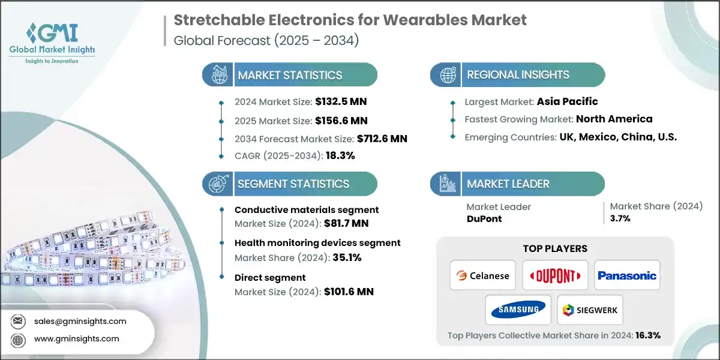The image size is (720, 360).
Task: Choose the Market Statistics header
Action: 290,75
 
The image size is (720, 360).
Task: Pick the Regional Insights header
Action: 518,75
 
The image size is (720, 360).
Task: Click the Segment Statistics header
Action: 293,184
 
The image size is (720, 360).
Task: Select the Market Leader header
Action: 508,184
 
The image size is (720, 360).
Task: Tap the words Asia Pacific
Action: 568,101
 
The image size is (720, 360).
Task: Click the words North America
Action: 614,119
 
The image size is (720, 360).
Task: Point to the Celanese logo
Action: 483,275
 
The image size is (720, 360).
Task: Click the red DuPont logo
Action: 555,275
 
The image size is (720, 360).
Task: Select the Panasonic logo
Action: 627,275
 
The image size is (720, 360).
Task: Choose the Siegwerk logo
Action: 590,310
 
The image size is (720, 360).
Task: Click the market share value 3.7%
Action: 620,218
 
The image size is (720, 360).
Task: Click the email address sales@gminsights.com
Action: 80,320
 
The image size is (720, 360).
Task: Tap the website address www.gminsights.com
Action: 77,338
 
